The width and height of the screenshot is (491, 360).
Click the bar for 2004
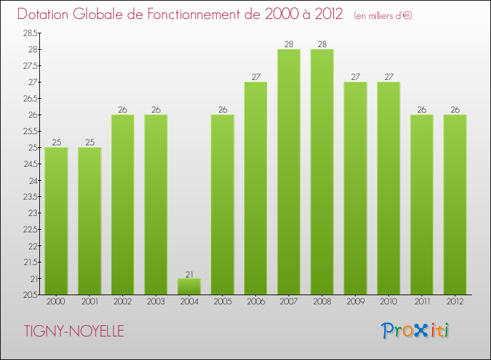click(189, 287)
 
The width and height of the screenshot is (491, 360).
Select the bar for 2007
click(289, 172)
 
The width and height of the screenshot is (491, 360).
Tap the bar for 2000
click(56, 221)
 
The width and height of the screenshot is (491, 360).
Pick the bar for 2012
click(455, 205)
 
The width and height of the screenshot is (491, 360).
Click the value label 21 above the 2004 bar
click(189, 274)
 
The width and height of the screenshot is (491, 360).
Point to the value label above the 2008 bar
click(322, 45)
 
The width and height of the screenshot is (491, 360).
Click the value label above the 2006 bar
click(255, 77)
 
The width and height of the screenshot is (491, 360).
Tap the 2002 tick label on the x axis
click(122, 302)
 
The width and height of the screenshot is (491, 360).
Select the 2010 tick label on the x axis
click(388, 302)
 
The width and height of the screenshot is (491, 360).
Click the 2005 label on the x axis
click(222, 302)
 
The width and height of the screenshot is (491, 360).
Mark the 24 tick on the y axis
click(33, 180)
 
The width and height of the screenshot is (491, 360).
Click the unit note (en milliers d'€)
click(383, 15)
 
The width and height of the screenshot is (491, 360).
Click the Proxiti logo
click(416, 331)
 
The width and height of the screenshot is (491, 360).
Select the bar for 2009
click(355, 189)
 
